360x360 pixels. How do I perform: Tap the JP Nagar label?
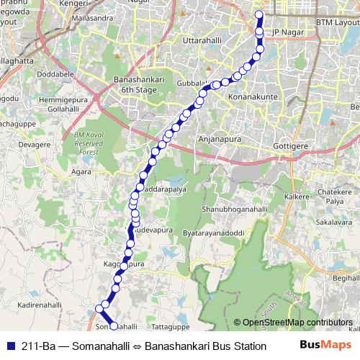pos(287,32)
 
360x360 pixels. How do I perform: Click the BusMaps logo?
pos(328,346)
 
